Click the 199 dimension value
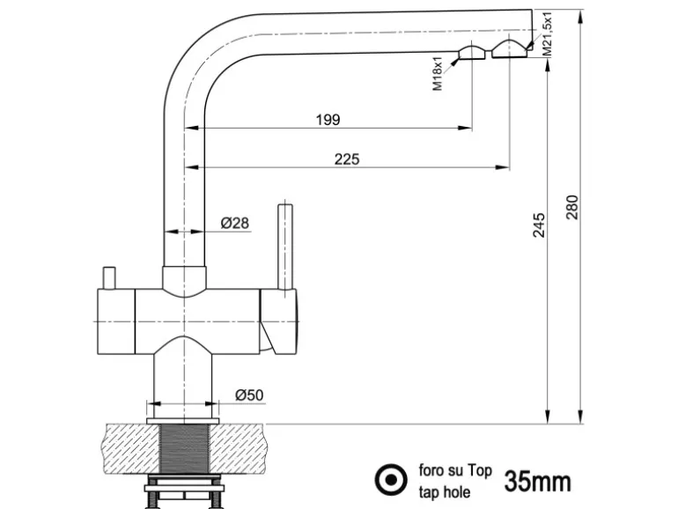coord(328,120)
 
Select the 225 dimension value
coord(346,159)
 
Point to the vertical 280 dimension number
coord(572,208)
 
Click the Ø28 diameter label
coord(235,224)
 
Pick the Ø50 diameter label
coord(249,396)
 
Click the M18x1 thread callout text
coord(438,76)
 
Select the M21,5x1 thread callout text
coord(548,35)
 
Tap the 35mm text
coord(537,481)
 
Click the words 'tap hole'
coord(445,491)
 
